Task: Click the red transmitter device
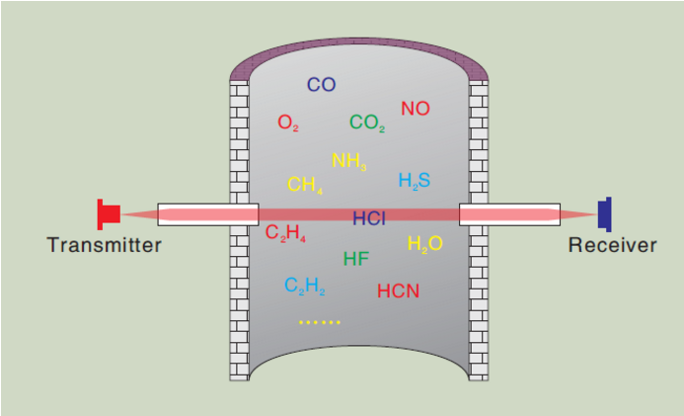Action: (109, 212)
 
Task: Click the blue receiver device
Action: (605, 212)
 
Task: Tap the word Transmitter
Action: (104, 245)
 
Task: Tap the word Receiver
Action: (612, 245)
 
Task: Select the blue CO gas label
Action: (321, 85)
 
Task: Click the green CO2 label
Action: (367, 124)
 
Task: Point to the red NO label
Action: (416, 108)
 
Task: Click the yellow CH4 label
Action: (305, 184)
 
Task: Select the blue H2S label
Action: (415, 181)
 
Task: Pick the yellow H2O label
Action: (424, 244)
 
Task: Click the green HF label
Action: (356, 260)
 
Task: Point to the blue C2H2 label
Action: (305, 287)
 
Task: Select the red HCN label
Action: (399, 291)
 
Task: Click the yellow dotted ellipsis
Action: (319, 322)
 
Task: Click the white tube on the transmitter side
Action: (207, 212)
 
